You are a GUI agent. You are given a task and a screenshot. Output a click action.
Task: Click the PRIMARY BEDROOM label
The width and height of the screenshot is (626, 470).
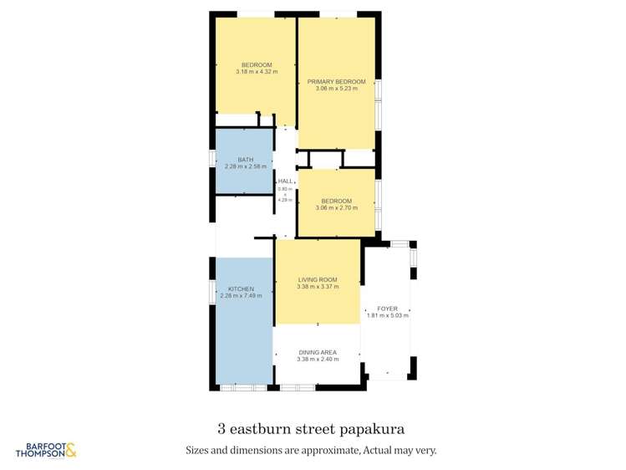point(336,81)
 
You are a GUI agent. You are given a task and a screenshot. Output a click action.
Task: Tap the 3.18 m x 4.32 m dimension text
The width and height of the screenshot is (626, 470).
point(257,72)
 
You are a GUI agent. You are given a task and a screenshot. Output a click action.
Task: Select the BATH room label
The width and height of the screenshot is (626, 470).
point(245,160)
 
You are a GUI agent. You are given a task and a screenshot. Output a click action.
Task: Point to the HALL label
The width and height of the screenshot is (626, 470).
point(286,181)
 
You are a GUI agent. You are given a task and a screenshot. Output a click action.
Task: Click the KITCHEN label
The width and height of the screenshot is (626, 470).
point(241,289)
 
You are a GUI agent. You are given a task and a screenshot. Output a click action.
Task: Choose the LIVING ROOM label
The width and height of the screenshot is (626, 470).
point(318,279)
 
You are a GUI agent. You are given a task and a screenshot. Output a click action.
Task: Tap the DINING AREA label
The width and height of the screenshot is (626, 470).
point(318,352)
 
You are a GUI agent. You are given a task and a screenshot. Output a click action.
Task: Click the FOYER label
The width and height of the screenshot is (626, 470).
point(387,309)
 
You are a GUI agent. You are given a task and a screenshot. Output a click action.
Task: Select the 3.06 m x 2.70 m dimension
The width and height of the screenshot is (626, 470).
point(336,207)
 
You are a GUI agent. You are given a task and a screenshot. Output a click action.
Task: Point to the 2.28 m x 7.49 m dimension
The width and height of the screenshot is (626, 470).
point(241,296)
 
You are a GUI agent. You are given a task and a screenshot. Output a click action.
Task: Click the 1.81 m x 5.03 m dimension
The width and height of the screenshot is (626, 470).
point(387,315)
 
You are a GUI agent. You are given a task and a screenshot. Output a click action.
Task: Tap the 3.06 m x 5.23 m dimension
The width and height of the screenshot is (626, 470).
point(336,88)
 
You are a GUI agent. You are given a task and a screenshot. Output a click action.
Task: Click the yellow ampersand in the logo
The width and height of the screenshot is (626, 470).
point(70,450)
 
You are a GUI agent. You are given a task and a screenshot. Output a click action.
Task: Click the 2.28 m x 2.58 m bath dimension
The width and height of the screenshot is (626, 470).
point(245,166)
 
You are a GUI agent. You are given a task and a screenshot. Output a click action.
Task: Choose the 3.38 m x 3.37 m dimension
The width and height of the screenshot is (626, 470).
point(318,286)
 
